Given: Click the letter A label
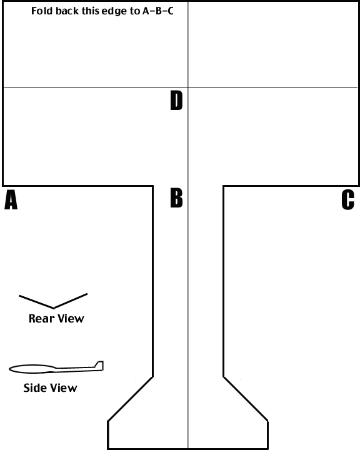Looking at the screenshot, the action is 11,200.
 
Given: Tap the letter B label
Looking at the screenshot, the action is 176,197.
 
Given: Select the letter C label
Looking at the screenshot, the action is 347,200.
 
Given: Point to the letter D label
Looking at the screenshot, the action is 176,100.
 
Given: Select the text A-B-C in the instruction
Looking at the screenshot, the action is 158,11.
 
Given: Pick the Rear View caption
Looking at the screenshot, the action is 56,319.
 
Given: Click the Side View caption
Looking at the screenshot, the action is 50,388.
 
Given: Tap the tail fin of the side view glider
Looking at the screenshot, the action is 99,366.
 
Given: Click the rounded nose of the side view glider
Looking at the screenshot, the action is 11,369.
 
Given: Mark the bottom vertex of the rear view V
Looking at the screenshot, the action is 54,308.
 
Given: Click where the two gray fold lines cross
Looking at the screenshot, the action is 188,87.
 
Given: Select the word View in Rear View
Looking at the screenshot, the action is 71,319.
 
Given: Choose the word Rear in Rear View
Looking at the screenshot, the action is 42,319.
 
